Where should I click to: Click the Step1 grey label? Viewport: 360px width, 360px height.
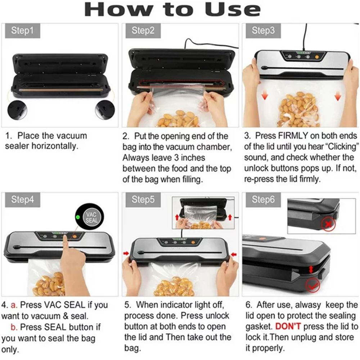[22, 31]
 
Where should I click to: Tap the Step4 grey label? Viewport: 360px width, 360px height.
[22, 199]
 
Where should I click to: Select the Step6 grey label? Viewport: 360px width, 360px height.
[263, 199]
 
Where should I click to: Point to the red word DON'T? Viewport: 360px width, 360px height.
[288, 326]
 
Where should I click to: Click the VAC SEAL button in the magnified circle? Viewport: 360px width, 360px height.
[91, 217]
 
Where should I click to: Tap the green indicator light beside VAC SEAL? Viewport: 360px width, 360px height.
[78, 217]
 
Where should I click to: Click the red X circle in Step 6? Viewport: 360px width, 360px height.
[328, 224]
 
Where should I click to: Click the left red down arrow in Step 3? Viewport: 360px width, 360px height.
[265, 95]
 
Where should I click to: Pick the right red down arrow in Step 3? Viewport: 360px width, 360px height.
[338, 96]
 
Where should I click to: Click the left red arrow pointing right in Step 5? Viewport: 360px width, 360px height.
[126, 253]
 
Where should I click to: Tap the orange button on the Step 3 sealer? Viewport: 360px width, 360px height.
[317, 57]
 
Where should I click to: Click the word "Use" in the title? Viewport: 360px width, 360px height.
[233, 10]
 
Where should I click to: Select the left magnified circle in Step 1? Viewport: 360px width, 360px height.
[17, 110]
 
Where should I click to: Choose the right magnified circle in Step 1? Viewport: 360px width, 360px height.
[105, 110]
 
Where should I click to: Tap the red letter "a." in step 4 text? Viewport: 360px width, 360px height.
[14, 305]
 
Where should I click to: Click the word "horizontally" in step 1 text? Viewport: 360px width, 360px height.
[55, 146]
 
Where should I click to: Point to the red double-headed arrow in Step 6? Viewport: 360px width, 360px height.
[311, 270]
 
